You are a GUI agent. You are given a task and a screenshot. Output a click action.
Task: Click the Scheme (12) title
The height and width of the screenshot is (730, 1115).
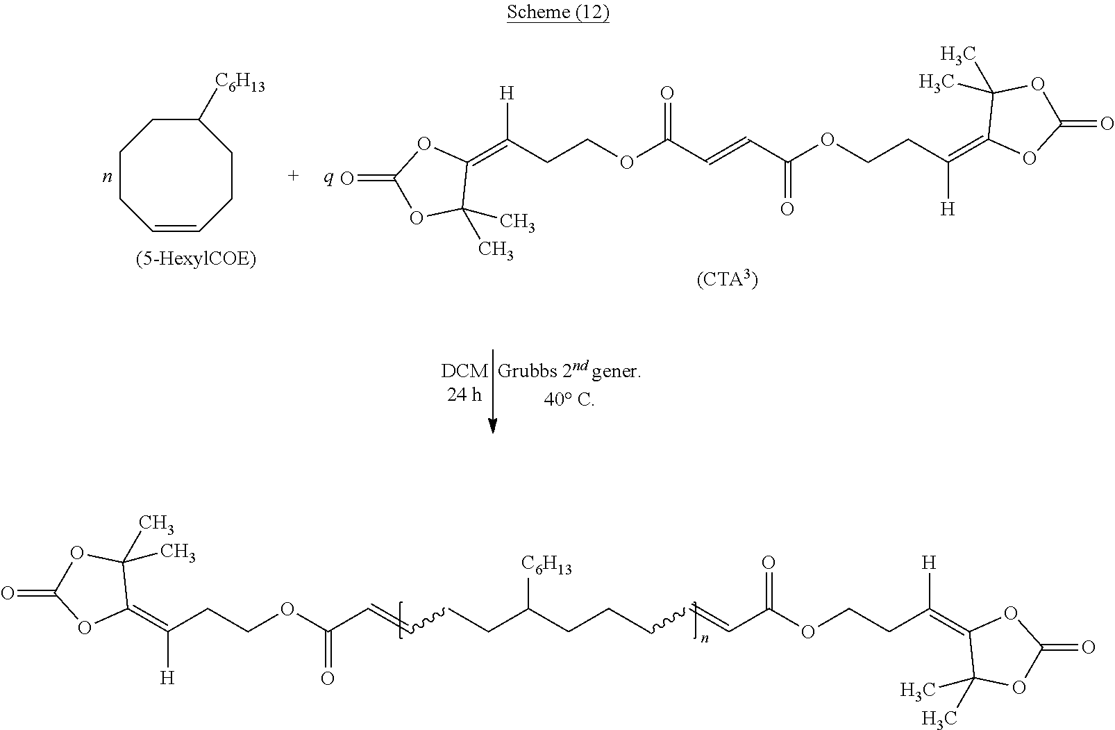point(557,13)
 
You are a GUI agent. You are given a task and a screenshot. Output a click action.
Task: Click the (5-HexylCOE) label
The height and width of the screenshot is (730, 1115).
point(196,260)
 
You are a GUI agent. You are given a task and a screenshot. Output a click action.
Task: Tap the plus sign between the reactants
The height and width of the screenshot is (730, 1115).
point(293,176)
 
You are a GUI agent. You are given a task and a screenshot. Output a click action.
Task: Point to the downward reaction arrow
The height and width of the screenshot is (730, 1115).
point(493,392)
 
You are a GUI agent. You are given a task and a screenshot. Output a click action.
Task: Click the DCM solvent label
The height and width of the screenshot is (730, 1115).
point(464,372)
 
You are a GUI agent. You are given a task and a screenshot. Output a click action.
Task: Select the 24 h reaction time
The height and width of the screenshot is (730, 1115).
point(464,395)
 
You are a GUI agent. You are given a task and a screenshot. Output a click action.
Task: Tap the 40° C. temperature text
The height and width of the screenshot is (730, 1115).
point(569,400)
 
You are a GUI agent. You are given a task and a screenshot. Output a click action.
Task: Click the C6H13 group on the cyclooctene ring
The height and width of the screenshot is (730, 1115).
point(240,83)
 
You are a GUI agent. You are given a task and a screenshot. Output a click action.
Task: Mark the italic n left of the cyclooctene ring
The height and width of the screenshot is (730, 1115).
point(107,176)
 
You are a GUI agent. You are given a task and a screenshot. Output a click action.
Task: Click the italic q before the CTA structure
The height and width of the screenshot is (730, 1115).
point(328,178)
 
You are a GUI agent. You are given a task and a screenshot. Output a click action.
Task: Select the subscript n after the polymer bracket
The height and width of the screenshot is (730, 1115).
point(705,638)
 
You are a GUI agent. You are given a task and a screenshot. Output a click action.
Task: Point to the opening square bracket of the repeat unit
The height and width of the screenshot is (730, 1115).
point(401,620)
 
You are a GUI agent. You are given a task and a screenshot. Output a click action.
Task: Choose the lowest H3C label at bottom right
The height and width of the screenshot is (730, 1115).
point(941,717)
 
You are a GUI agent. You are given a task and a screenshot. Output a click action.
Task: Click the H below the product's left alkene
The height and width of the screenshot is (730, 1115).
point(167,677)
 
